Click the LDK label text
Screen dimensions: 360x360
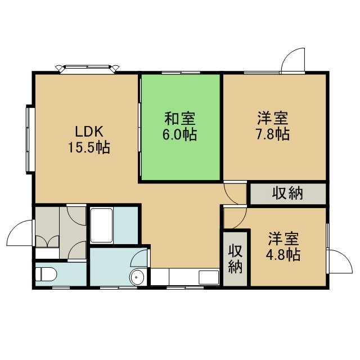[89, 132]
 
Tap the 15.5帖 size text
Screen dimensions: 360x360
[89, 147]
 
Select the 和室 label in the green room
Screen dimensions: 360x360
[180, 119]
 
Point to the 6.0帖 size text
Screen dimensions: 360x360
[180, 134]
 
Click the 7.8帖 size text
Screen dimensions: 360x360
[273, 134]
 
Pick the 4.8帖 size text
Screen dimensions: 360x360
[283, 255]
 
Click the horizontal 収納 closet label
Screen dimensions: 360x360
[287, 193]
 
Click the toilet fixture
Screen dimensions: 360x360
[46, 274]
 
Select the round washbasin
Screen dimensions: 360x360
[137, 277]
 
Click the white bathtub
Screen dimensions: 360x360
[101, 225]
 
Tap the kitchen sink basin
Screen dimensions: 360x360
[209, 277]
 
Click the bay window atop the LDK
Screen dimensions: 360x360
[87, 69]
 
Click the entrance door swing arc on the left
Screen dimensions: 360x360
[20, 232]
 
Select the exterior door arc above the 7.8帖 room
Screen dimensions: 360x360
[293, 60]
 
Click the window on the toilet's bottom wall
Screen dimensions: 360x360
[61, 287]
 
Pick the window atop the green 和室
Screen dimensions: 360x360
[181, 73]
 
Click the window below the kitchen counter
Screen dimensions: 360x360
[185, 287]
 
